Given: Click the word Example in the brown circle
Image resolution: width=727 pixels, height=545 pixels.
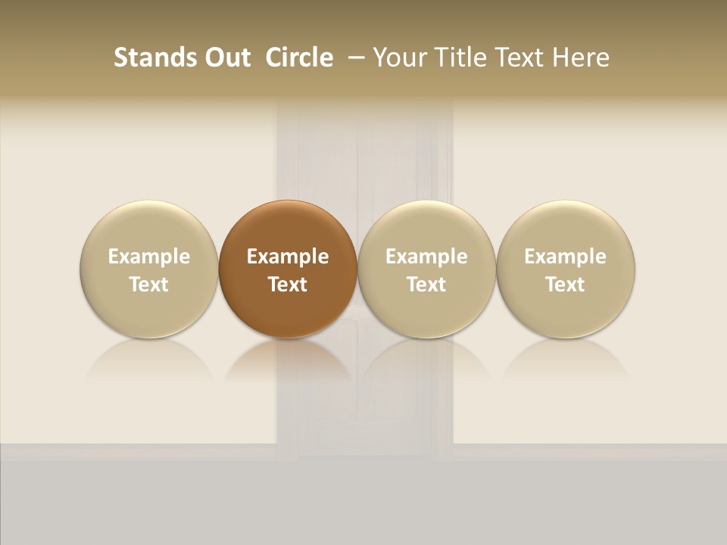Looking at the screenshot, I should [x=288, y=257].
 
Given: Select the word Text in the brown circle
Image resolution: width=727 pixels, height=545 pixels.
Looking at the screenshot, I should [x=288, y=285].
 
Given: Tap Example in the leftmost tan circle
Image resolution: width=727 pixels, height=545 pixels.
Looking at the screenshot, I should [x=149, y=257].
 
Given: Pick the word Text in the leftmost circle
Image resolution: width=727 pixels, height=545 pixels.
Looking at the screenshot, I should [x=149, y=285].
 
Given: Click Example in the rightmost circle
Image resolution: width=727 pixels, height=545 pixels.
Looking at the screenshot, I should [x=565, y=257].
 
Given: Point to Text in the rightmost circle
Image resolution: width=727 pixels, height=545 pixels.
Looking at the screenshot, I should [x=565, y=285].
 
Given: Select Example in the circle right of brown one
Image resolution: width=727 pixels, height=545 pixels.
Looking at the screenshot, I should [x=426, y=257].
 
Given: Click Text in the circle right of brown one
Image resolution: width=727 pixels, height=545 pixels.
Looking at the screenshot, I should [x=426, y=285].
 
